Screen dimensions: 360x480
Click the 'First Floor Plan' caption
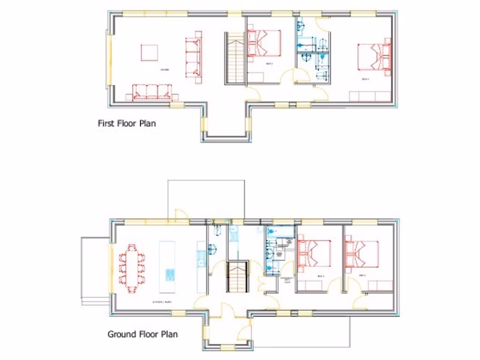pyautogui.click(x=127, y=124)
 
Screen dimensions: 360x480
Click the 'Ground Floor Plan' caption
pyautogui.click(x=142, y=334)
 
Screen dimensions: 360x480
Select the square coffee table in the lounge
pyautogui.click(x=149, y=52)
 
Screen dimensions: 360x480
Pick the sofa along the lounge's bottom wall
pyautogui.click(x=152, y=92)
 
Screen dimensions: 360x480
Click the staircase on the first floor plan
pyautogui.click(x=234, y=58)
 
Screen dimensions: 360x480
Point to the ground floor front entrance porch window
pyautogui.click(x=228, y=347)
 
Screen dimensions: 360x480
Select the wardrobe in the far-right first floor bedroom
pyautogui.click(x=370, y=97)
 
